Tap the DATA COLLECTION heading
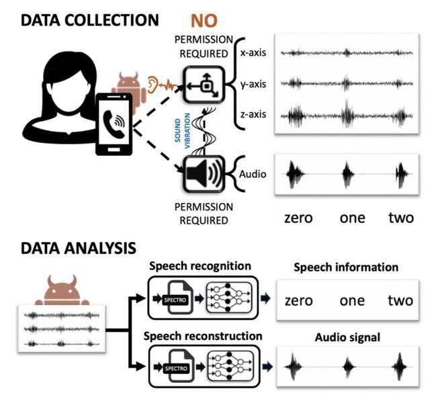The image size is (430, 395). pos(89,20)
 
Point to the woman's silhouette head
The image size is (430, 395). pos(60,74)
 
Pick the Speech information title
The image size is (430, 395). pos(346,267)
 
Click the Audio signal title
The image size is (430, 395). pos(345,337)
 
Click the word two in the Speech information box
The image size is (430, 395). pos(400,300)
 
